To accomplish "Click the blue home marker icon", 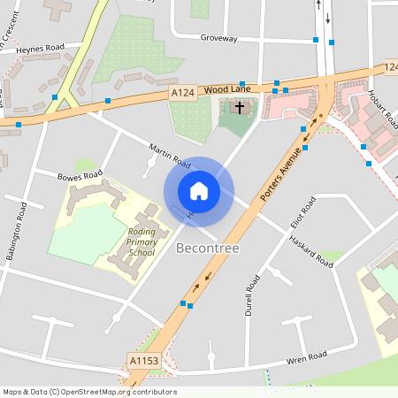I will [199, 191].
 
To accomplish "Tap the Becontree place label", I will [208, 249].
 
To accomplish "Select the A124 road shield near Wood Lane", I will [183, 92].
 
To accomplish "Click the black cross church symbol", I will [239, 107].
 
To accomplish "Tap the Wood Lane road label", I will [228, 89].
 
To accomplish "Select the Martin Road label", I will [169, 157].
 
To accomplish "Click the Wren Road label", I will [306, 356].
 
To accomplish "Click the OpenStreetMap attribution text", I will [89, 392].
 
